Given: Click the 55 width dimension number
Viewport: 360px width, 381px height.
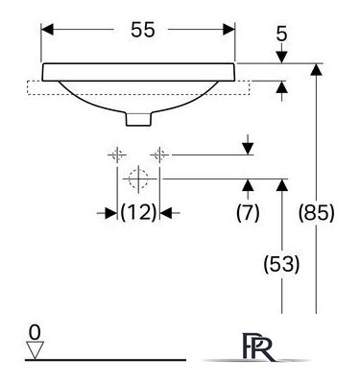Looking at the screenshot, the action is [x=143, y=30].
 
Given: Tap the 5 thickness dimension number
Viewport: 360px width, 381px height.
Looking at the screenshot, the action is [x=281, y=34].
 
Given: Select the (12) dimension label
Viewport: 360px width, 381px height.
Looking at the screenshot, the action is [x=138, y=212].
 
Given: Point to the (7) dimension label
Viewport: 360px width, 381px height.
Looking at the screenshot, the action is [x=248, y=212].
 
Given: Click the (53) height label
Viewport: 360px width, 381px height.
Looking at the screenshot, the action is [x=281, y=265].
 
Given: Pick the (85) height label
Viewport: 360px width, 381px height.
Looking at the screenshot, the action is [x=316, y=212].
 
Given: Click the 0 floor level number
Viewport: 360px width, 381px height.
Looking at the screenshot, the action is [x=35, y=332].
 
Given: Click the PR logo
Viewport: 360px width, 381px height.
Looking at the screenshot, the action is [x=258, y=347].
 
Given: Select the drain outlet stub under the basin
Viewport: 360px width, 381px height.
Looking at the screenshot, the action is [x=138, y=118].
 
